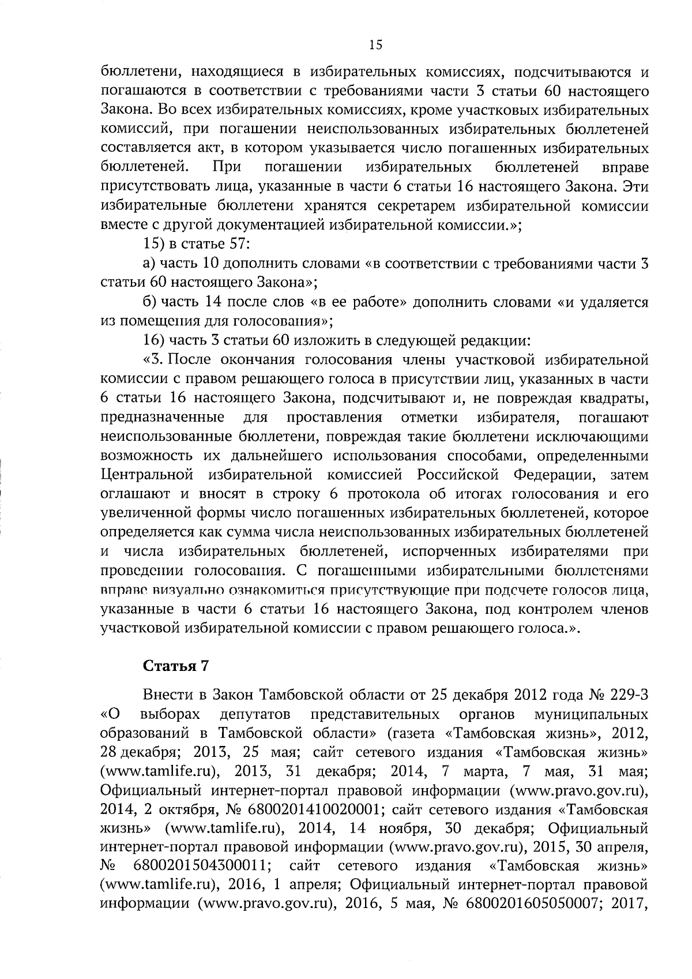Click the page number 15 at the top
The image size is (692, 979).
375,46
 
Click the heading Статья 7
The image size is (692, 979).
175,666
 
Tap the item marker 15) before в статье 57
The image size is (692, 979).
155,244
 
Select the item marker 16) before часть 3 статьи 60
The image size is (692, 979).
155,340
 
